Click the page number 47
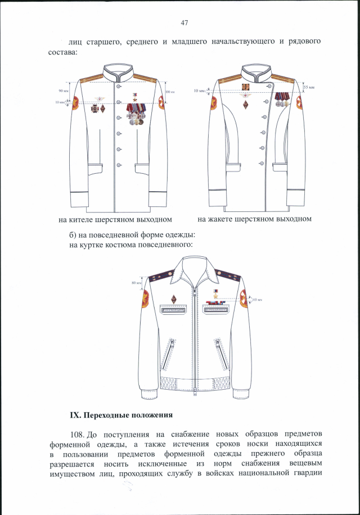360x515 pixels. (184, 23)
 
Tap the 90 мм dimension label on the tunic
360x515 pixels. (62, 91)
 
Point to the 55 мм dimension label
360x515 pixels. (309, 88)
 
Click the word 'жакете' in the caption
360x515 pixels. (220, 218)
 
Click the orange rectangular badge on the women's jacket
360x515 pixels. (245, 87)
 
